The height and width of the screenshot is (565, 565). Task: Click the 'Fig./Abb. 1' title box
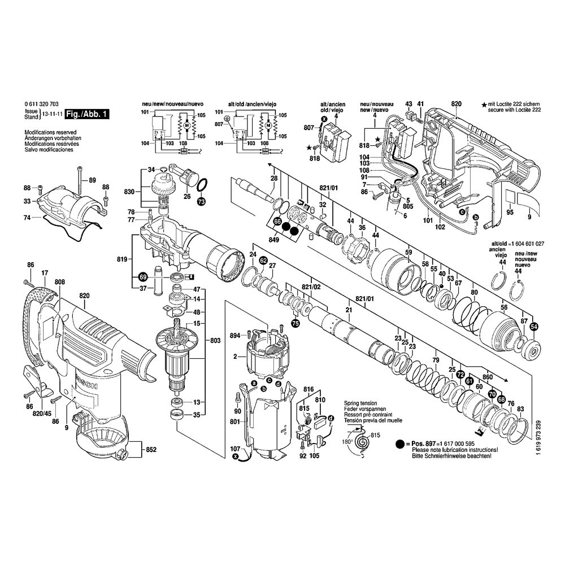pos(86,114)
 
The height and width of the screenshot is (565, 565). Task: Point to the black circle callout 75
pos(294,323)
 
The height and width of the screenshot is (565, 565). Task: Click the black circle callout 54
pos(534,326)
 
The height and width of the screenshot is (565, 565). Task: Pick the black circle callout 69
pos(143,277)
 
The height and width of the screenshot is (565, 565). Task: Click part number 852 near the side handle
pos(151,450)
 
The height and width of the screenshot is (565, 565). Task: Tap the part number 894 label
pos(235,336)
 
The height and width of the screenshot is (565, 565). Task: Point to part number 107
pos(235,450)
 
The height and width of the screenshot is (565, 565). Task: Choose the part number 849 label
pos(275,239)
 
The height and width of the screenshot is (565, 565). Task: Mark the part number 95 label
pos(510,212)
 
